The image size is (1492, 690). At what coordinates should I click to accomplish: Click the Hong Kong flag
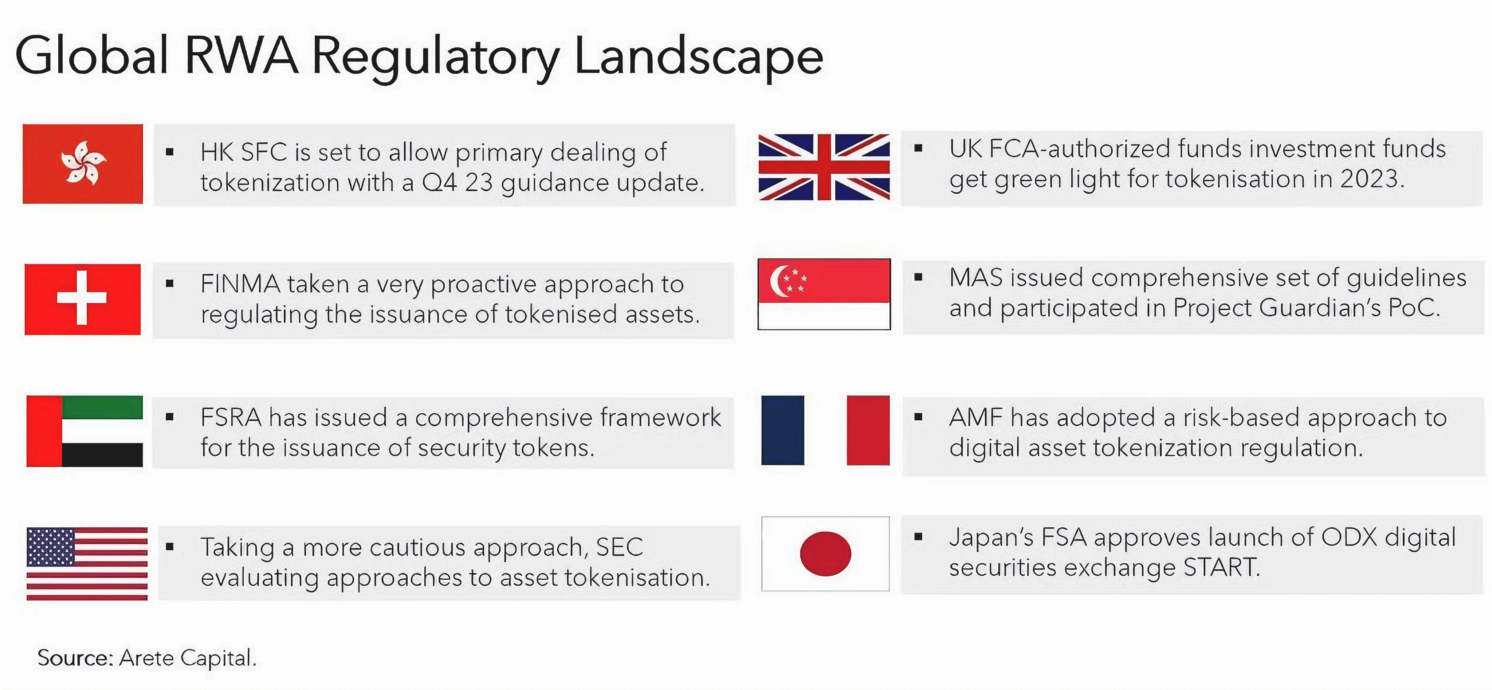[83, 164]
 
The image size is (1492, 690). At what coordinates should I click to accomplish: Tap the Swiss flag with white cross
[83, 299]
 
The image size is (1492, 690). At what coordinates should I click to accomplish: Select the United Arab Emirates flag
[85, 431]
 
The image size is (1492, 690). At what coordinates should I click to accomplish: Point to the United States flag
[87, 563]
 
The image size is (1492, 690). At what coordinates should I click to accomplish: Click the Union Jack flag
[824, 167]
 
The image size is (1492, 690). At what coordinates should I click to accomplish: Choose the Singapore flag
[824, 294]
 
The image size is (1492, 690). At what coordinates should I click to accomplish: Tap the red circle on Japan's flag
[825, 554]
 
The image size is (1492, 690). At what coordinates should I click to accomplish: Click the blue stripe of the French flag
[782, 430]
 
